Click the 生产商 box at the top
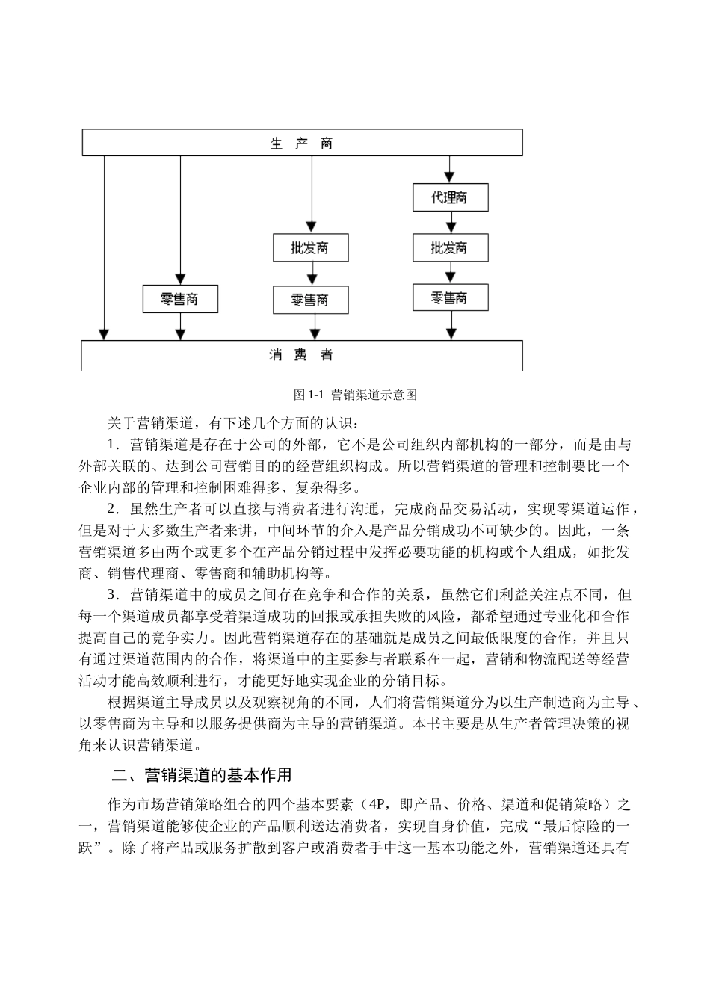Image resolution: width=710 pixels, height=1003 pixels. click(302, 143)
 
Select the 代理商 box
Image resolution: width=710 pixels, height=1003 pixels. click(450, 198)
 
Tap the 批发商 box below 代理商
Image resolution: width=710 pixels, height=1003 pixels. click(450, 247)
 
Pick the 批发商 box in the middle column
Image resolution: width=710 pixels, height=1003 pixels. click(310, 247)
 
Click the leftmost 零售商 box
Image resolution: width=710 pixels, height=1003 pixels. click(180, 299)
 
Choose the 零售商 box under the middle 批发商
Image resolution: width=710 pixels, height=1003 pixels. click(310, 300)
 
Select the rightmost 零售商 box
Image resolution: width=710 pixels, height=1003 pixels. click(450, 298)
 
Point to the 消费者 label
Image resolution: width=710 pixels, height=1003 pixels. click(302, 355)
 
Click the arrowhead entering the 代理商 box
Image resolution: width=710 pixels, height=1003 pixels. click(450, 177)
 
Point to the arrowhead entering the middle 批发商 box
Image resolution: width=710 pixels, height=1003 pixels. click(310, 226)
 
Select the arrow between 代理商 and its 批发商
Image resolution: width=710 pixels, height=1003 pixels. click(450, 223)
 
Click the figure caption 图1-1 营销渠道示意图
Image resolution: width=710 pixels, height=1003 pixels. click(355, 394)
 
